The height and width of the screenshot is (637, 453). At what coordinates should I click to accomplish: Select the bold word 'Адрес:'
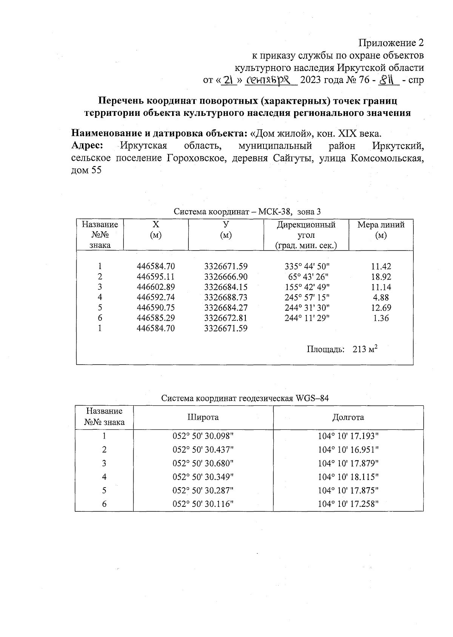88,146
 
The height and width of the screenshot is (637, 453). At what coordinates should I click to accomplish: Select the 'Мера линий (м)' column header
381,230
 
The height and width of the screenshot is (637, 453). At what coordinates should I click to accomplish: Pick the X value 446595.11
156,277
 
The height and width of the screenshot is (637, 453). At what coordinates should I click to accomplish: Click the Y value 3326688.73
226,297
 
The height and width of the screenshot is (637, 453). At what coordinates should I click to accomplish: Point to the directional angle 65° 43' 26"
307,277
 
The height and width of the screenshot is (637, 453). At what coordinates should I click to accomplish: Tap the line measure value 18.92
381,277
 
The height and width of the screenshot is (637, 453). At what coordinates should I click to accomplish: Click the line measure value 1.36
381,318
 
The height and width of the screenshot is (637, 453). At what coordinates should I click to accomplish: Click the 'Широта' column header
203,417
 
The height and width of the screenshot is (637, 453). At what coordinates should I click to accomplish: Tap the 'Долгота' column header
348,417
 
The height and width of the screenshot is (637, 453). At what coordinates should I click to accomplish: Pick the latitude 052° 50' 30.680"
203,463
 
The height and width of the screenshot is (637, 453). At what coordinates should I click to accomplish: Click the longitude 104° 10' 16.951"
348,450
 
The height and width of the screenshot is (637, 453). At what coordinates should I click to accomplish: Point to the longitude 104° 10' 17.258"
348,504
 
